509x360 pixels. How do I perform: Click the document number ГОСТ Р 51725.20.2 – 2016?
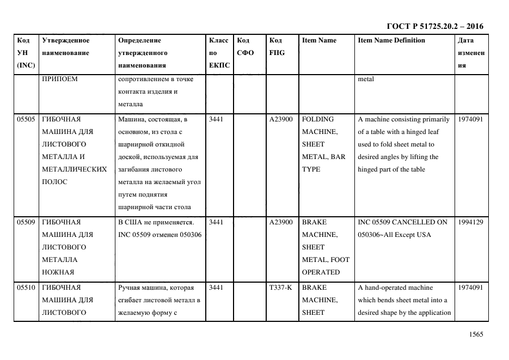(x=434, y=26)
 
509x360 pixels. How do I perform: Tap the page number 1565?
(x=475, y=335)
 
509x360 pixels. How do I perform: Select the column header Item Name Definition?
(x=391, y=40)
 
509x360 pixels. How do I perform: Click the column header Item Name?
(x=319, y=40)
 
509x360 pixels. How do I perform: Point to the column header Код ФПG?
(x=277, y=47)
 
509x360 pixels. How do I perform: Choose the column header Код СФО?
(x=243, y=47)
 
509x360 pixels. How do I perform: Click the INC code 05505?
(x=26, y=119)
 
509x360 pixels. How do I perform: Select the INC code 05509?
(x=26, y=222)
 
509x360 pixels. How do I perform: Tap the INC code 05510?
(x=26, y=287)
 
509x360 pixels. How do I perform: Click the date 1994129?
(x=470, y=222)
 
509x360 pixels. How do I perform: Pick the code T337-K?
(x=281, y=287)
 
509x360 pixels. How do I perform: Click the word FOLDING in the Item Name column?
(x=318, y=119)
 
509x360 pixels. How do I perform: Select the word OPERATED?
(x=321, y=272)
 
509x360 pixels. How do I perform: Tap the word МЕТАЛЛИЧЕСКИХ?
(x=75, y=169)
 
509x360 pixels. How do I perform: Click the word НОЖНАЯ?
(x=58, y=272)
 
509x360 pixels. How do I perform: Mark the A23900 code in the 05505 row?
(x=281, y=119)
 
